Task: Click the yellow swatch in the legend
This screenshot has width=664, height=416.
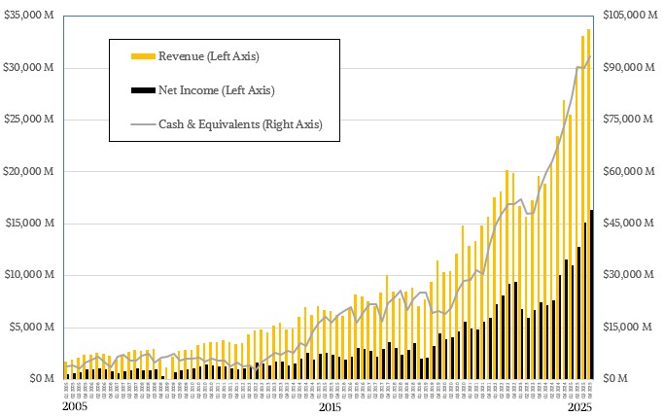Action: tap(143, 56)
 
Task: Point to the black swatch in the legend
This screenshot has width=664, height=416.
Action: tap(143, 90)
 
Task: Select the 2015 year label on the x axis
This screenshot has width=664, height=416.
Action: tap(330, 408)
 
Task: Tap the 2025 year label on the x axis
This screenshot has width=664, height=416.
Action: tap(579, 408)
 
